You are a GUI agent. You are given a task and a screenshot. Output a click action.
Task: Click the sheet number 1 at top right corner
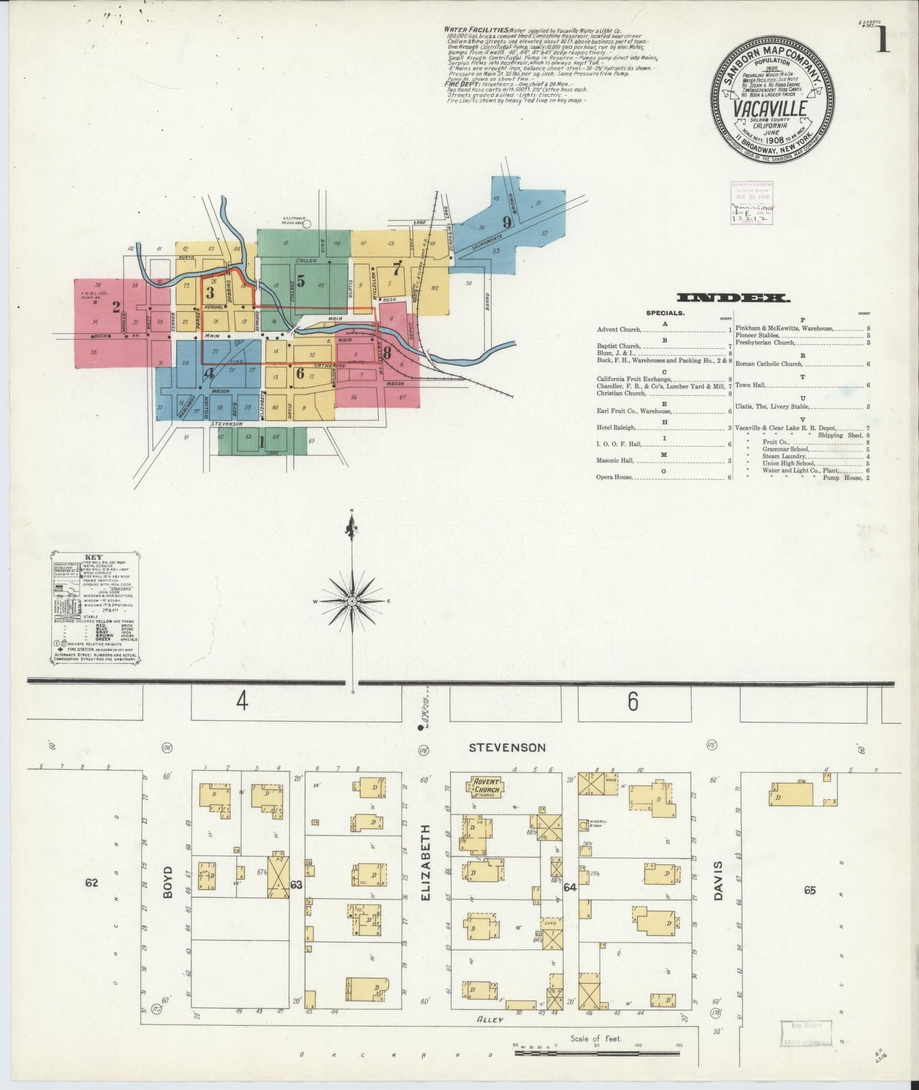pyautogui.click(x=882, y=39)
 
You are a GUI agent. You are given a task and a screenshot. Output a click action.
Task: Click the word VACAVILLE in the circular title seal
pyautogui.click(x=770, y=109)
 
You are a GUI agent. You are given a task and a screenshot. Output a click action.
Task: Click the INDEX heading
pyautogui.click(x=733, y=298)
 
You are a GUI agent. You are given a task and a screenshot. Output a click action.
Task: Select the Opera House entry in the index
pyautogui.click(x=615, y=476)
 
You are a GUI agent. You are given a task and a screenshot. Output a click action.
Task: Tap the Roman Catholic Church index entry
pyautogui.click(x=769, y=364)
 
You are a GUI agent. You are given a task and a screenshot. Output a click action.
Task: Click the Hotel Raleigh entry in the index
pyautogui.click(x=614, y=428)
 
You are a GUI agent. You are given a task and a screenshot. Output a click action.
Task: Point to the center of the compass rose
pyautogui.click(x=351, y=601)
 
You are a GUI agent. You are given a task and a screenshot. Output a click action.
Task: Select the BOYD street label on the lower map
pyautogui.click(x=168, y=885)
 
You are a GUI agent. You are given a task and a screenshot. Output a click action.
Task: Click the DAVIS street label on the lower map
pyautogui.click(x=718, y=881)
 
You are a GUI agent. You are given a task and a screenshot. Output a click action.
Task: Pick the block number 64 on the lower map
pyautogui.click(x=569, y=887)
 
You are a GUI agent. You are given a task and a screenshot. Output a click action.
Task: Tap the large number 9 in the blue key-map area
pyautogui.click(x=506, y=223)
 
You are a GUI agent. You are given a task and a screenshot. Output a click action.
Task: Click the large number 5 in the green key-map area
pyautogui.click(x=300, y=280)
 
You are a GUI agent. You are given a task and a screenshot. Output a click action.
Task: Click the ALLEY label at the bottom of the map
pyautogui.click(x=490, y=1019)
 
